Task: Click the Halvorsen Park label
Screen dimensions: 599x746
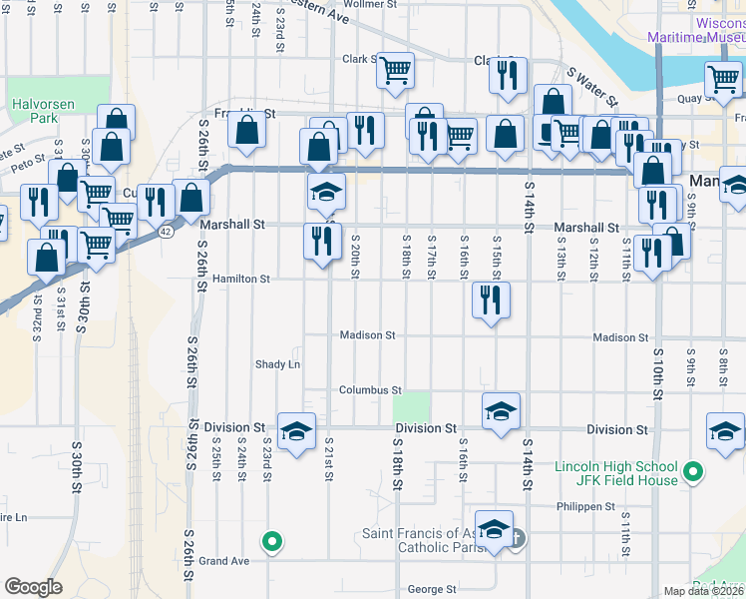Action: point(37,111)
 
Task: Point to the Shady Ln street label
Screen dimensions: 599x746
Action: point(277,364)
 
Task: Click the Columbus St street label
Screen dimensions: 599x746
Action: point(369,390)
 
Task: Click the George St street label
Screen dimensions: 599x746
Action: point(431,590)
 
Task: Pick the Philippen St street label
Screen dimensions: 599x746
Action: point(585,507)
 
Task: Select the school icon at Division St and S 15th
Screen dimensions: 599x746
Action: point(501,410)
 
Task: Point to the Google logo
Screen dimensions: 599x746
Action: point(33,587)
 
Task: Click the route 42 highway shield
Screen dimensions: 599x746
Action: point(163,231)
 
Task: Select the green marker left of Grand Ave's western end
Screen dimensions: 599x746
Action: point(270,542)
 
